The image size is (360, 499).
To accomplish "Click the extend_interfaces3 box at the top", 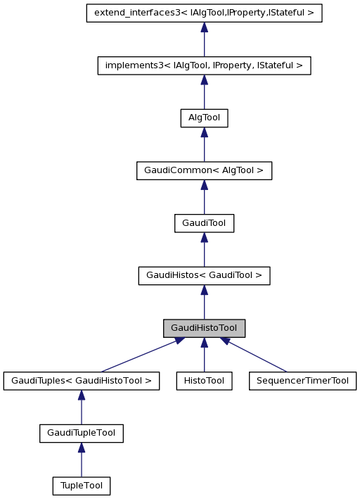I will click(204, 13).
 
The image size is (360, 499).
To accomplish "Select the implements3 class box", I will click(204, 65).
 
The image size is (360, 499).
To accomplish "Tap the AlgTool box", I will click(204, 118).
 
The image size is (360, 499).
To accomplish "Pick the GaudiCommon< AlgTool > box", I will click(204, 170).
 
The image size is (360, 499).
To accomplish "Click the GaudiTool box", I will click(204, 223).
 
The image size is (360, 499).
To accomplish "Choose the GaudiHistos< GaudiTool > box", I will click(204, 275).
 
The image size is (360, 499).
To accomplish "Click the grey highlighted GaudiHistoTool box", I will click(204, 328).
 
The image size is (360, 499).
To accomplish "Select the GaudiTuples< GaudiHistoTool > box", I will click(82, 381).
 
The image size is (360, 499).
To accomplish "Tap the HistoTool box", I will click(204, 381).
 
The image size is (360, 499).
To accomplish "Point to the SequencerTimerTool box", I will click(302, 381).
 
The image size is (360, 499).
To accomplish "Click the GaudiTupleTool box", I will click(82, 433).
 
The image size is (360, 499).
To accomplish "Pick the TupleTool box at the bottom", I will click(82, 486).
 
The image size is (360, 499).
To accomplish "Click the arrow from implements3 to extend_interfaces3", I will click(204, 40).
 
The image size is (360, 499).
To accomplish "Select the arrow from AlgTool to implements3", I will click(204, 92).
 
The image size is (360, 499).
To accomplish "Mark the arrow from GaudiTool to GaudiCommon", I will click(204, 197).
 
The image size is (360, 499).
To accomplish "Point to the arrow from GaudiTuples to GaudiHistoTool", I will click(141, 355).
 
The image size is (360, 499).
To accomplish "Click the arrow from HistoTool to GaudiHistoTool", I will click(204, 355).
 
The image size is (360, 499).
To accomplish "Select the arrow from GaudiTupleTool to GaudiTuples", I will click(82, 408).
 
